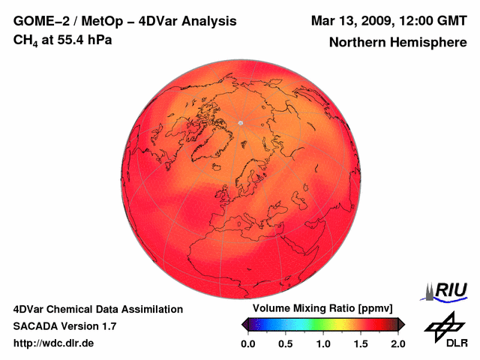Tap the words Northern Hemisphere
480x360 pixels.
tap(397, 43)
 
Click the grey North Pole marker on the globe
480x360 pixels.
tap(241, 122)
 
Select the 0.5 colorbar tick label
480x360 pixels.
tap(285, 343)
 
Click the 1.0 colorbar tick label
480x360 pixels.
tap(323, 343)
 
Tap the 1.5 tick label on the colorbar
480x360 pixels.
tap(361, 343)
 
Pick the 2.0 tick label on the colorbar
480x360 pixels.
tap(397, 343)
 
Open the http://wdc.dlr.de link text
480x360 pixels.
tap(54, 343)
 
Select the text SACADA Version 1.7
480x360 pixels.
tap(64, 326)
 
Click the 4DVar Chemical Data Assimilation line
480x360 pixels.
tap(97, 309)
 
